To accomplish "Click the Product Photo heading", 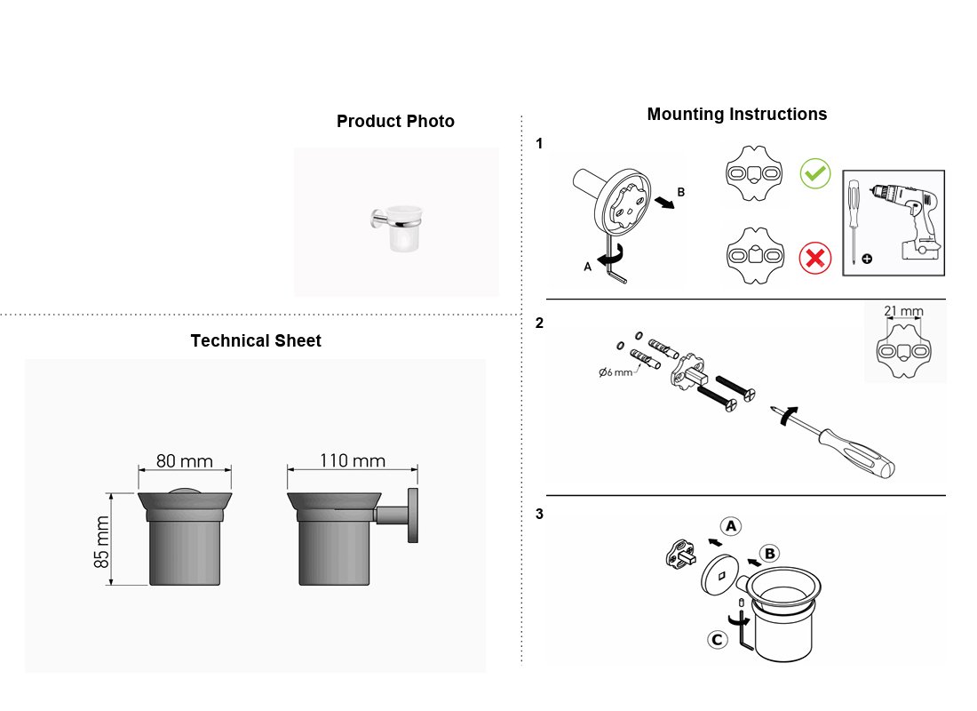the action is coord(395,121).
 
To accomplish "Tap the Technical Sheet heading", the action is coord(256,340).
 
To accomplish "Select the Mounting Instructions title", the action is coord(737,114).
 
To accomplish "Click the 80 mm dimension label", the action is coord(185,461).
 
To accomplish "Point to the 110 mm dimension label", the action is coord(353,460).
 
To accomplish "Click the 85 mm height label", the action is coord(101,541).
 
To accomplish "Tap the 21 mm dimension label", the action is coord(903,310).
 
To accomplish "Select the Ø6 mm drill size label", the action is coord(615,372).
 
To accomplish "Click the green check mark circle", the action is coord(815,173).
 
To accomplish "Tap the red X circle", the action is coord(815,258).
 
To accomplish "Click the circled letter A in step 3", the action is coord(731,526).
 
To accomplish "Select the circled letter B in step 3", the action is coord(770,553).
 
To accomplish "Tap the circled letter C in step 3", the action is coord(718,639).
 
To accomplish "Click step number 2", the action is coord(539,324).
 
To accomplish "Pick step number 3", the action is coord(539,514).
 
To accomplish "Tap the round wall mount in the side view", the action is coord(413,515).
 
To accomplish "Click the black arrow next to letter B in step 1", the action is coord(665,202).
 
